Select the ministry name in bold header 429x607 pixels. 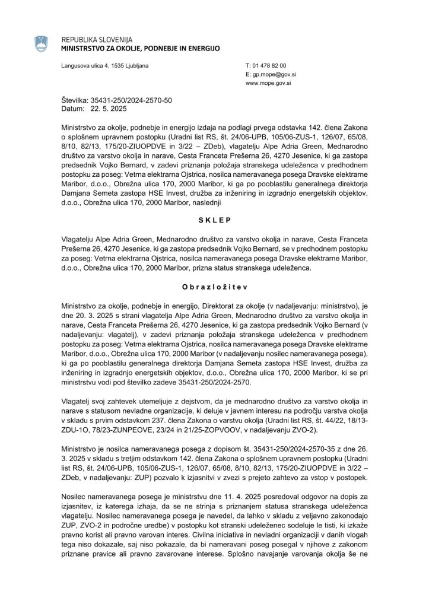pos(141,48)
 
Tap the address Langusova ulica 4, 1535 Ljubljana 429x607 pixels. pos(105,65)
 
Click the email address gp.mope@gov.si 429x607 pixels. pos(271,75)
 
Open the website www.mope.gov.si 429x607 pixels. pos(268,84)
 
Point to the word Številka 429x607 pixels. pos(75,101)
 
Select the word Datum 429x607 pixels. pos(73,109)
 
